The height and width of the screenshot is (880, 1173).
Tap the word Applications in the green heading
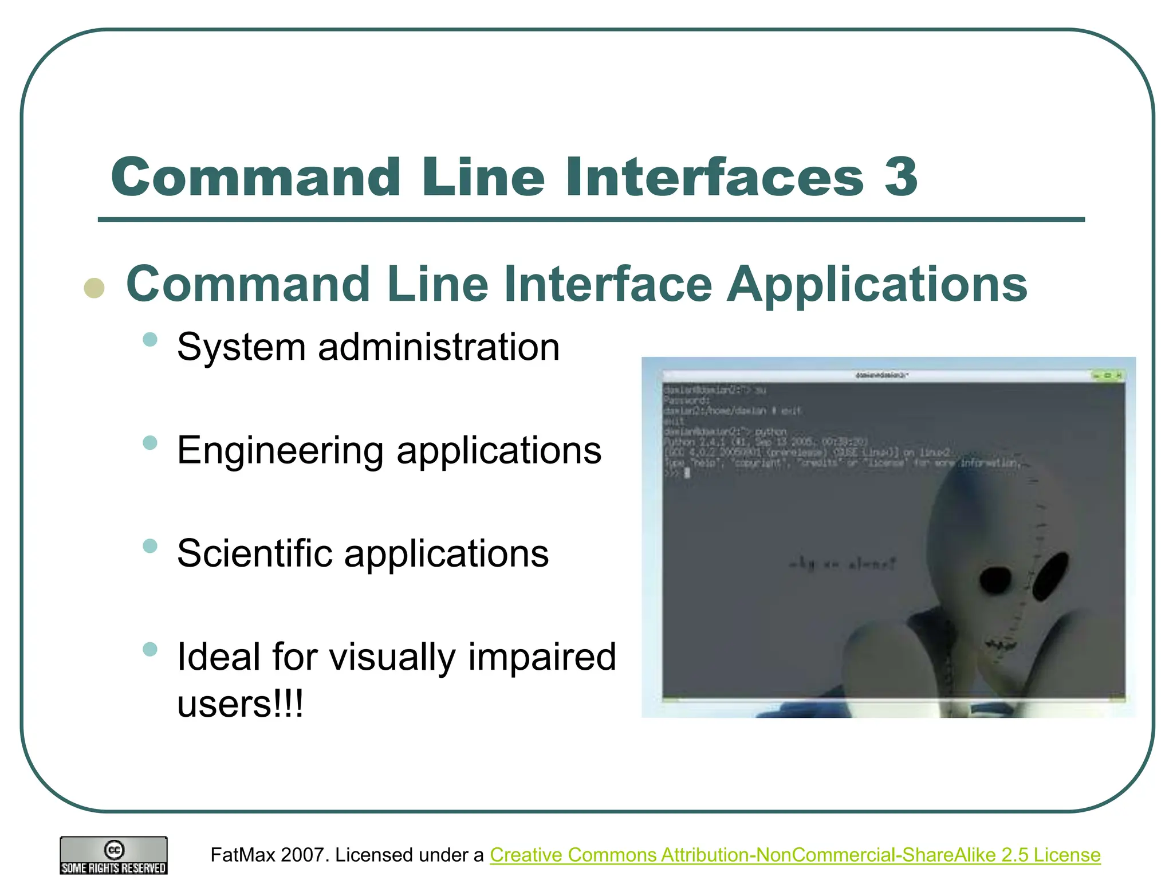877,285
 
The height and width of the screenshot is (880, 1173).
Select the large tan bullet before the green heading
95,288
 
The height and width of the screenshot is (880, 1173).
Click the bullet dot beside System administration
150,339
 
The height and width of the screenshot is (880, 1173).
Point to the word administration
439,347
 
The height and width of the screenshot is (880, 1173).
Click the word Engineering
280,451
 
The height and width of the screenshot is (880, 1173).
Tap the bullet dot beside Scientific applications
150,545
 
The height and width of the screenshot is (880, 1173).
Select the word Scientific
255,553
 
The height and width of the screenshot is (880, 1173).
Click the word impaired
542,657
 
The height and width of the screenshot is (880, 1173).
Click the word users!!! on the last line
240,704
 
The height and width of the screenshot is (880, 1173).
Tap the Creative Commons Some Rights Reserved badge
113,855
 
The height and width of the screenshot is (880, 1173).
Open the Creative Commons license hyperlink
795,855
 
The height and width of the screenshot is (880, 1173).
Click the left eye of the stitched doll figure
997,581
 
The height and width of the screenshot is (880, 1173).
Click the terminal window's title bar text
881,375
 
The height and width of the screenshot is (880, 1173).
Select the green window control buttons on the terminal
1108,376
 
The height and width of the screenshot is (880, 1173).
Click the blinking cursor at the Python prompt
687,473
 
